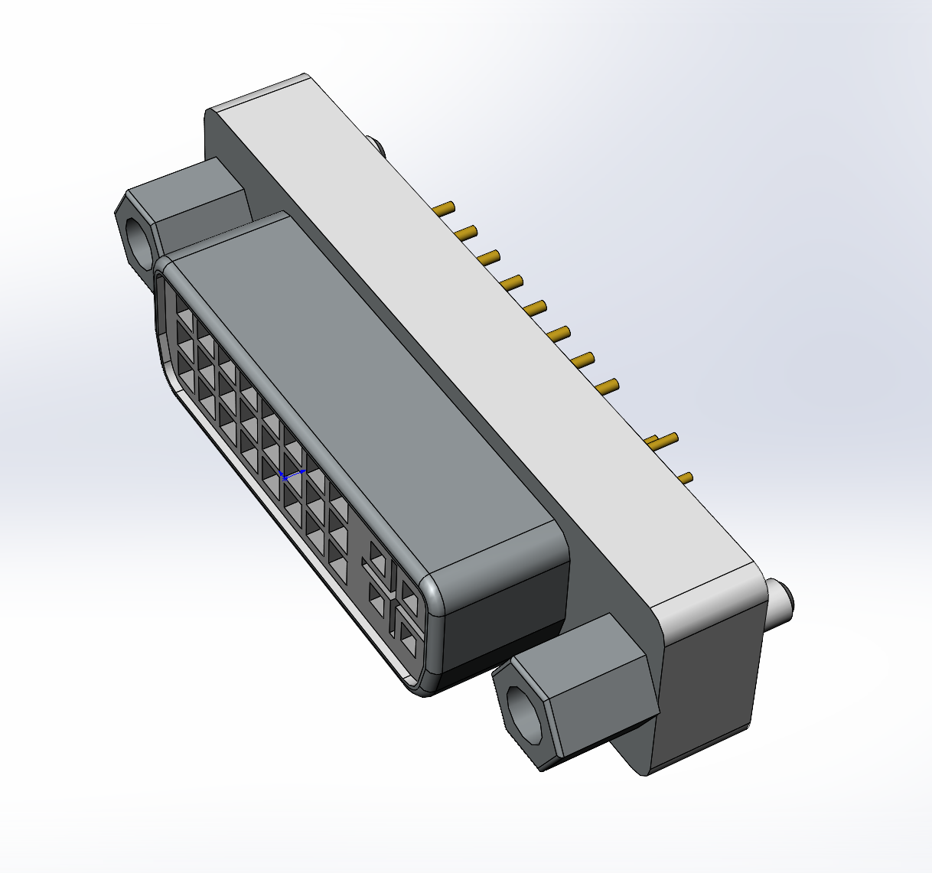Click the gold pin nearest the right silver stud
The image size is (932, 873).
click(x=686, y=478)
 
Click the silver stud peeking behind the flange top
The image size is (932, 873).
click(x=376, y=145)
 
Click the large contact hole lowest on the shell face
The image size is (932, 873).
click(x=409, y=639)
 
